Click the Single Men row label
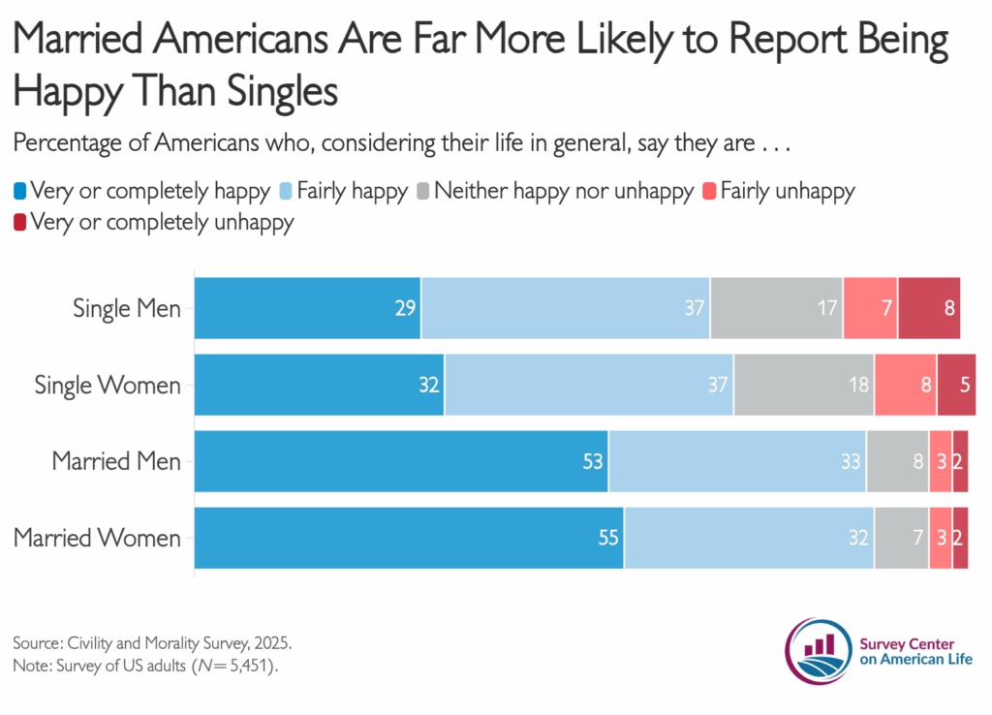pyautogui.click(x=127, y=309)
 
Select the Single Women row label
pyautogui.click(x=108, y=385)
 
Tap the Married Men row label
pyautogui.click(x=116, y=461)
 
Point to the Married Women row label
pyautogui.click(x=97, y=537)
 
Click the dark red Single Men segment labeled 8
pyautogui.click(x=929, y=308)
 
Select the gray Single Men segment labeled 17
pyautogui.click(x=776, y=308)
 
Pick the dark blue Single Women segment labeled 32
pyautogui.click(x=319, y=385)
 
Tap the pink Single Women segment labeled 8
pyautogui.click(x=905, y=385)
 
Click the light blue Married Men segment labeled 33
pyautogui.click(x=737, y=461)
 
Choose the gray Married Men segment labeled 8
pyautogui.click(x=897, y=461)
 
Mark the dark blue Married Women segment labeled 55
pyautogui.click(x=409, y=537)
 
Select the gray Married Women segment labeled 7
pyautogui.click(x=901, y=537)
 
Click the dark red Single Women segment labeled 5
pyautogui.click(x=956, y=385)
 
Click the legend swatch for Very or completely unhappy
pyautogui.click(x=20, y=222)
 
